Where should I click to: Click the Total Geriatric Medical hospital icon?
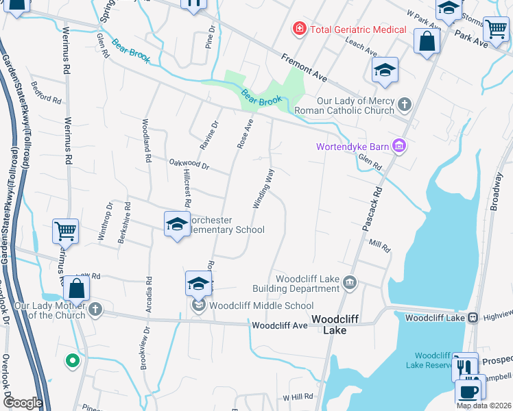pyautogui.click(x=299, y=29)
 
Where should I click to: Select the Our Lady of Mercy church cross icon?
pyautogui.click(x=405, y=104)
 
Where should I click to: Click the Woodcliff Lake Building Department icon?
pyautogui.click(x=349, y=282)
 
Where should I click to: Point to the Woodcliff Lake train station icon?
pyautogui.click(x=473, y=317)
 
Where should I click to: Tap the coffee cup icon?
pyautogui.click(x=468, y=392)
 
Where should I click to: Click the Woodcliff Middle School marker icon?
pyautogui.click(x=199, y=305)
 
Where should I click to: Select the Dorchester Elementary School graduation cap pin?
pyautogui.click(x=176, y=224)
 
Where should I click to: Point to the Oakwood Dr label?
pyautogui.click(x=189, y=164)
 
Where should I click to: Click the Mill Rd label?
pyautogui.click(x=379, y=245)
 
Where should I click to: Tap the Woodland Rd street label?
pyautogui.click(x=146, y=140)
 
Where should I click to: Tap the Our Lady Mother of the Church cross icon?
pyautogui.click(x=95, y=310)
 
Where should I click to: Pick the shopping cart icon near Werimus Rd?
pyautogui.click(x=66, y=231)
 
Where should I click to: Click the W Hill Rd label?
pyautogui.click(x=298, y=397)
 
